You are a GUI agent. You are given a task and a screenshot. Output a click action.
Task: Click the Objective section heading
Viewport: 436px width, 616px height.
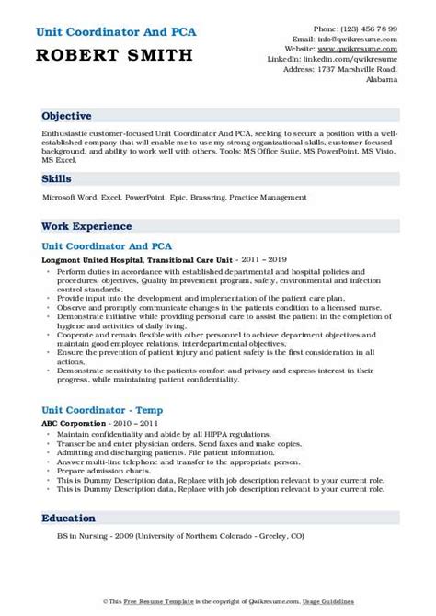click(66, 117)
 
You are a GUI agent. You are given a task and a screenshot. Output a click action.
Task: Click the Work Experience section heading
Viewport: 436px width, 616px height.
click(88, 227)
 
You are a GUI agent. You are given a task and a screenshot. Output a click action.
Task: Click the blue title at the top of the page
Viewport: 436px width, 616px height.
click(115, 31)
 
